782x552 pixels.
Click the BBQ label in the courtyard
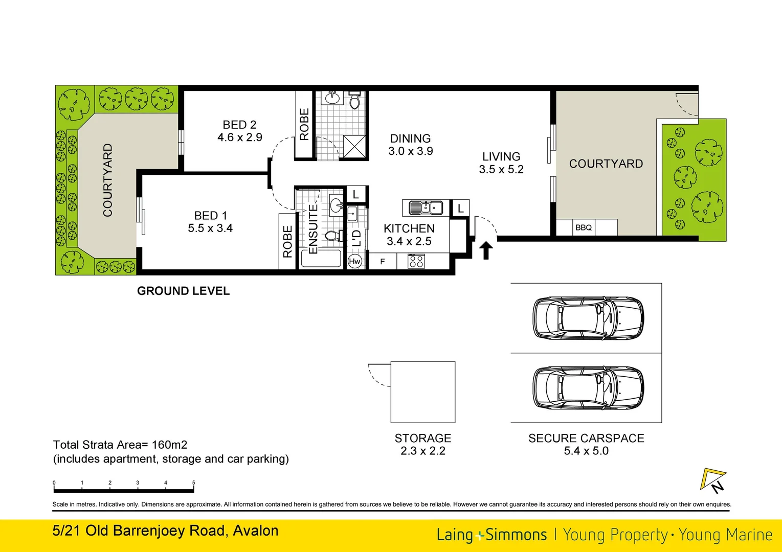(583, 227)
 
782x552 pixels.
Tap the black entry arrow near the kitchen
(486, 250)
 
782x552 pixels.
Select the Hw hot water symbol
(354, 261)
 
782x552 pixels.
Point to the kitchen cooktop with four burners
(416, 262)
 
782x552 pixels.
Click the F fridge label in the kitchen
(382, 262)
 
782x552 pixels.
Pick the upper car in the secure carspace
(588, 318)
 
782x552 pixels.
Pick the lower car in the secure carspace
(588, 387)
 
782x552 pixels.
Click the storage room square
(423, 392)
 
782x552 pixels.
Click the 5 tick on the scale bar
(193, 483)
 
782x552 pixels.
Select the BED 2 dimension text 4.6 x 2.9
(239, 137)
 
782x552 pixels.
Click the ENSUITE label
(313, 229)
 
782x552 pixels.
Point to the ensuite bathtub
(321, 258)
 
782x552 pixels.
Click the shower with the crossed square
(354, 146)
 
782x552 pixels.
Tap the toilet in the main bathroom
(354, 101)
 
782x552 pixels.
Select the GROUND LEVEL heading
(183, 291)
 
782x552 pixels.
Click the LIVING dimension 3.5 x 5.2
(501, 170)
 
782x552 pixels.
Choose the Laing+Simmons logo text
(491, 535)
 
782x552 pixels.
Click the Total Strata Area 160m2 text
(120, 445)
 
